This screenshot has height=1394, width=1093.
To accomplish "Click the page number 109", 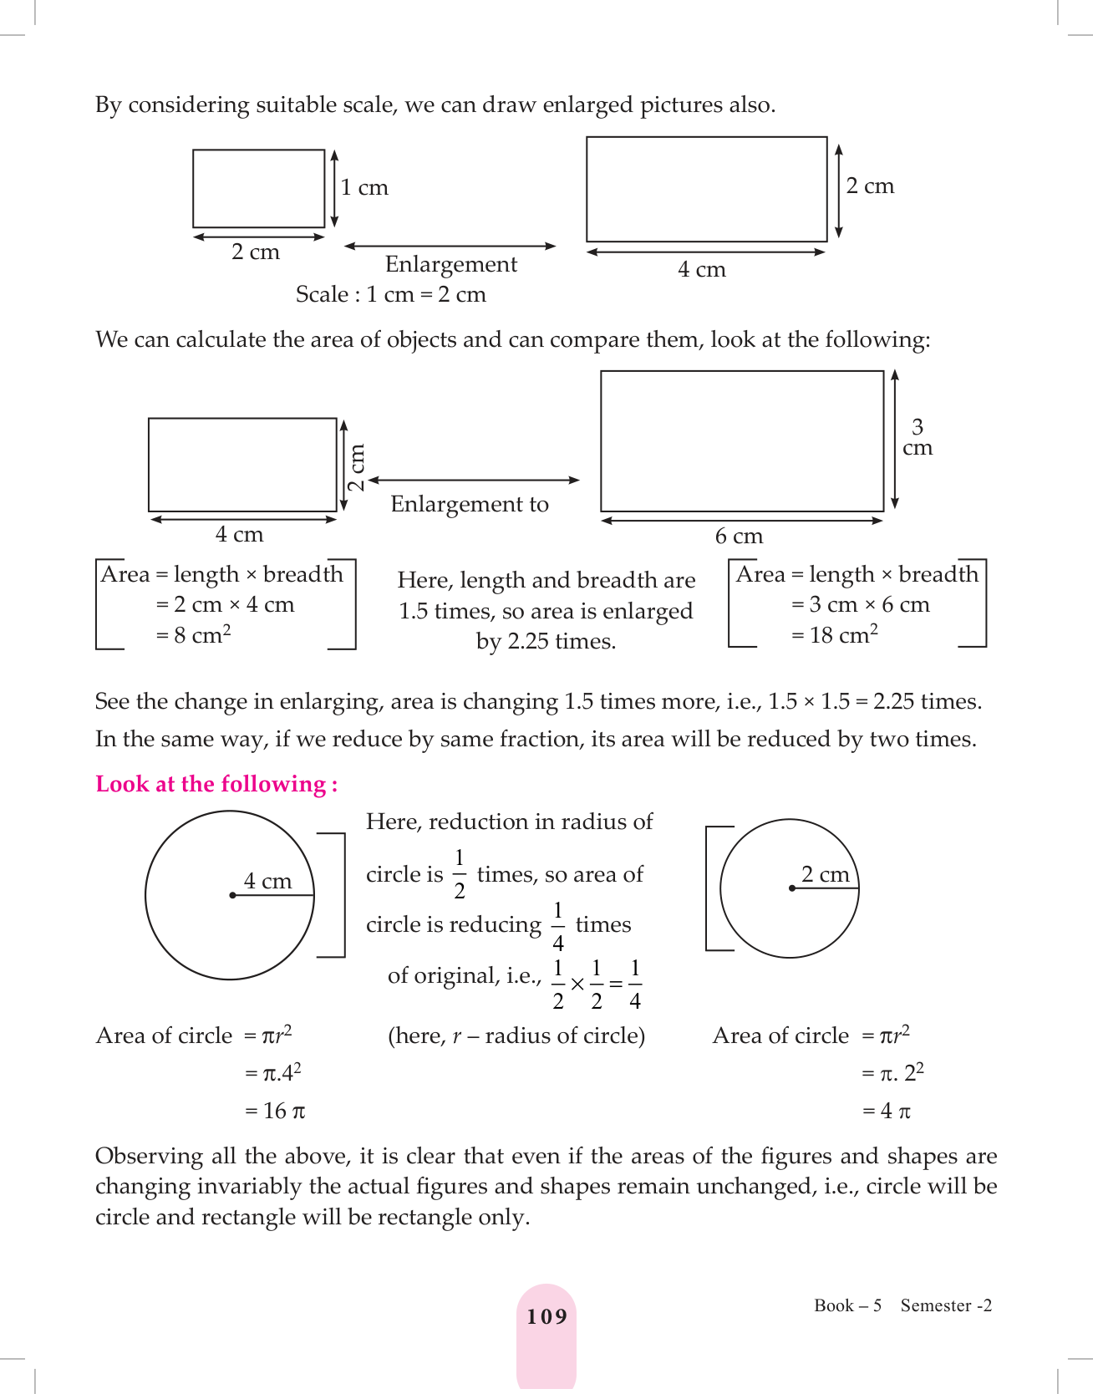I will coord(546,1317).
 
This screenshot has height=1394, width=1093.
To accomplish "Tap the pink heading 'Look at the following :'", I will coord(216,784).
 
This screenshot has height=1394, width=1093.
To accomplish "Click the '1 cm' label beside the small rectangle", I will coord(364,188).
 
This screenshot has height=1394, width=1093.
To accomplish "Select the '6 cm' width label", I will coord(739,537).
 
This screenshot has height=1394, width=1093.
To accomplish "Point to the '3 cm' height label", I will coord(918,438).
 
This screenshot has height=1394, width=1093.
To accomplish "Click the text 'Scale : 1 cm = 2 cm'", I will coord(390,295).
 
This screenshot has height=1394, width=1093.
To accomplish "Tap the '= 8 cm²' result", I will coord(193,635).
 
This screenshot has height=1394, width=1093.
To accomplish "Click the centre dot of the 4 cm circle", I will coord(232,895).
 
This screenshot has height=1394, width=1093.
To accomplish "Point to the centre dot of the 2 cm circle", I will coord(791,888).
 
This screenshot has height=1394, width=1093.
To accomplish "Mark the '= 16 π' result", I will coord(275,1111).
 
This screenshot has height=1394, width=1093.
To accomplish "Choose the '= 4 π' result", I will coord(886,1111).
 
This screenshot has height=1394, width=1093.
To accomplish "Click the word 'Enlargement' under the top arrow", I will coord(451,265).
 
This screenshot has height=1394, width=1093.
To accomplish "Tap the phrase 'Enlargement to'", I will coord(470,505).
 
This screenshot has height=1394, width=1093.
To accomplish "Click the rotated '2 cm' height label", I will coord(357,467).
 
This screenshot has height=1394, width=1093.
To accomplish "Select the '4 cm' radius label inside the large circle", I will coord(267,881).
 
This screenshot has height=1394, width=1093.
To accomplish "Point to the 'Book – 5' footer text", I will coord(847,1305).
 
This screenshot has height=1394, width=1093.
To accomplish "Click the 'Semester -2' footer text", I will coord(946,1305).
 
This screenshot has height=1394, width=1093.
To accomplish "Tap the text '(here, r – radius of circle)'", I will coord(516,1036).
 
